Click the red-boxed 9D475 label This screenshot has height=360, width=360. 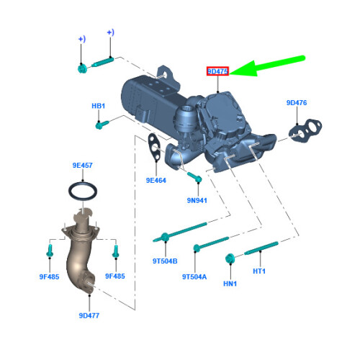pos(217,72)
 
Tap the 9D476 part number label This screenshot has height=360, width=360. pos(296,104)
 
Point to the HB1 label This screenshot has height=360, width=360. pos(99,107)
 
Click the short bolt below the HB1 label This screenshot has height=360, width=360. pos(103,125)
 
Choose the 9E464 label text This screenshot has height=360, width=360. pos(156,180)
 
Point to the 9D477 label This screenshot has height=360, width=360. pos(90,315)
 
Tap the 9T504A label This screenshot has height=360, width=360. pos(194,276)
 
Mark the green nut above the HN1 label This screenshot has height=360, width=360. pos(230,258)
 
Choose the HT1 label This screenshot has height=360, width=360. pos(259,271)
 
